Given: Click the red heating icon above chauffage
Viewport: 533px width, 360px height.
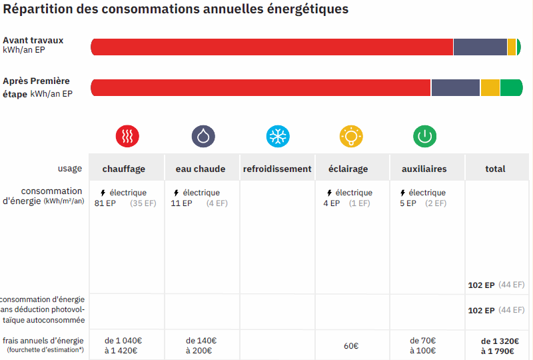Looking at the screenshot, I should pos(127,136).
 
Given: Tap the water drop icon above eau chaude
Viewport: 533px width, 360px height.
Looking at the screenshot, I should pos(203,136).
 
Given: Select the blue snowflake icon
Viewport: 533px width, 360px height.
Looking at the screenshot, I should pos(278,136).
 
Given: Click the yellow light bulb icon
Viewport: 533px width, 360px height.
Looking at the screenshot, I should pos(350,136).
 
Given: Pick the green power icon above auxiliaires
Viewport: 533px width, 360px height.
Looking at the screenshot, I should pos(424,136).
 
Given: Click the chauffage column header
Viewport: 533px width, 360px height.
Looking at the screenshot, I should pos(123,169).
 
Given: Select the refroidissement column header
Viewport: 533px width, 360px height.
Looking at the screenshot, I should pos(277,169).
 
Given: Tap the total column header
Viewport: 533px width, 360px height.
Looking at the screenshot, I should pos(495,169).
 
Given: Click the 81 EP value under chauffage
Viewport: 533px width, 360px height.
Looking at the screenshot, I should pos(105,203).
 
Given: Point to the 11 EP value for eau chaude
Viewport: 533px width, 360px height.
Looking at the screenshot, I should pos(181,203).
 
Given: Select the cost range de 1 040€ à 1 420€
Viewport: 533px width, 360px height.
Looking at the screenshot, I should pos(123,345).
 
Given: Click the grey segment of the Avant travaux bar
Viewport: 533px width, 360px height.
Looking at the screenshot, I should pos(480,47).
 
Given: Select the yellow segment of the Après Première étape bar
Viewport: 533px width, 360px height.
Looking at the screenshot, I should pos(490,87).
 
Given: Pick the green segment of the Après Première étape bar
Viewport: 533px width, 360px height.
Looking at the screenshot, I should pos(511,87).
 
